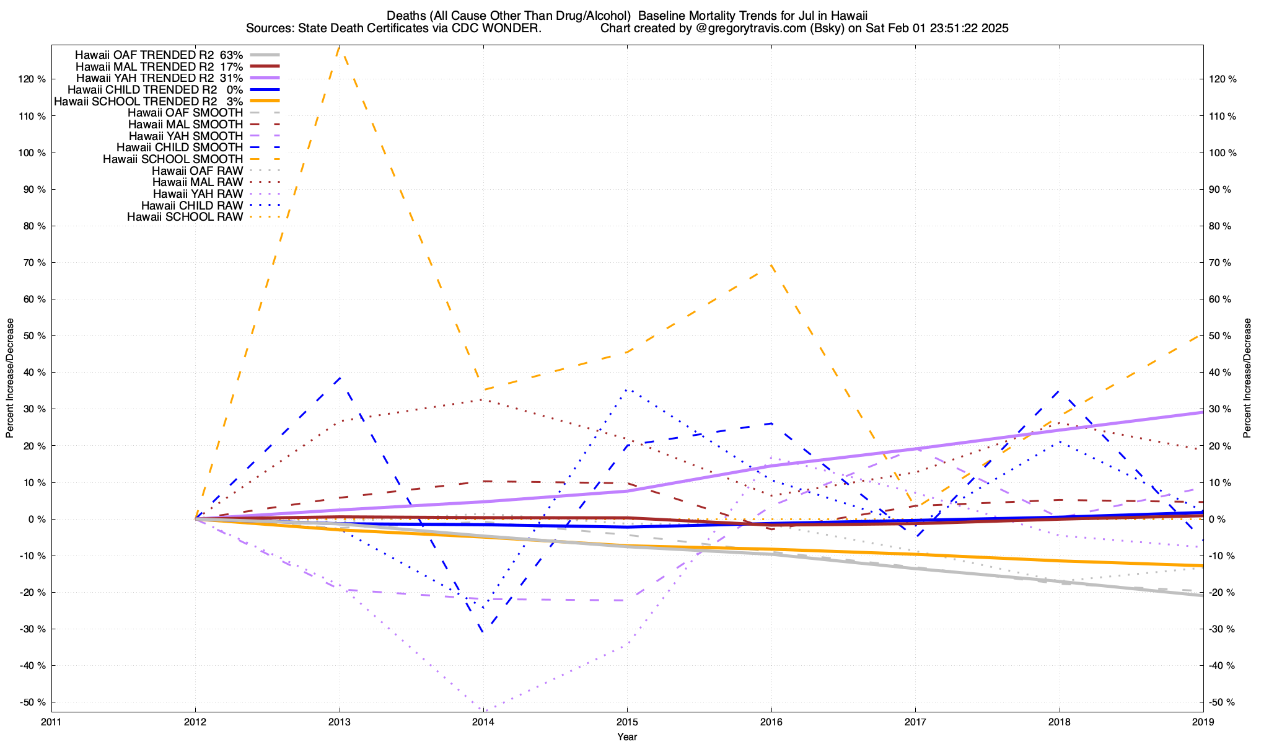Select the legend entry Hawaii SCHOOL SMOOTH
(173, 159)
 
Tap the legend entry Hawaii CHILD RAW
(192, 205)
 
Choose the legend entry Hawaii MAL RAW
(198, 182)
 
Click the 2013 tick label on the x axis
(339, 722)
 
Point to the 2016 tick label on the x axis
(771, 722)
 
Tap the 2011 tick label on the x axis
(51, 722)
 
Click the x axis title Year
(627, 737)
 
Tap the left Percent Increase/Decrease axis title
(10, 378)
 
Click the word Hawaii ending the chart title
(851, 15)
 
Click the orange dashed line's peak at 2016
(771, 265)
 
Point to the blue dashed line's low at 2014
(482, 631)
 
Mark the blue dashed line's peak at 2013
(340, 377)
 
